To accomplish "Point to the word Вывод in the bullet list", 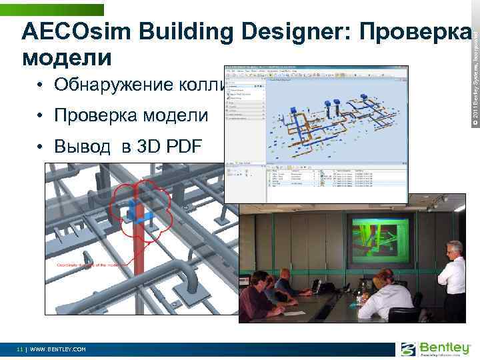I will (x=83, y=147).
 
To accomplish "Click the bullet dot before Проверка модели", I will (x=41, y=117).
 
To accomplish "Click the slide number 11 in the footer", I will (x=21, y=349).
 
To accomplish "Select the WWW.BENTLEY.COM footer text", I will (x=58, y=349).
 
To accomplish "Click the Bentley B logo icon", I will (x=408, y=349).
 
